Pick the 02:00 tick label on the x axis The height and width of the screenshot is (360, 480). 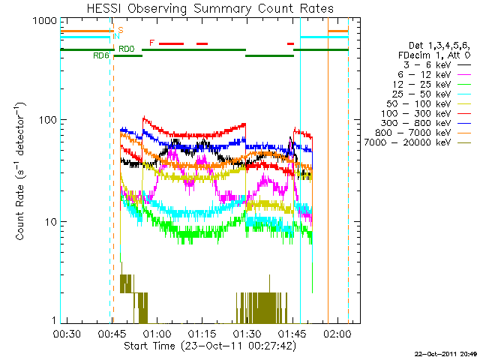(x=337, y=332)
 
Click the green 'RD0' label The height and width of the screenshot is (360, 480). (x=126, y=49)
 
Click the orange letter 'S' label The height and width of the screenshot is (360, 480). (x=121, y=30)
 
